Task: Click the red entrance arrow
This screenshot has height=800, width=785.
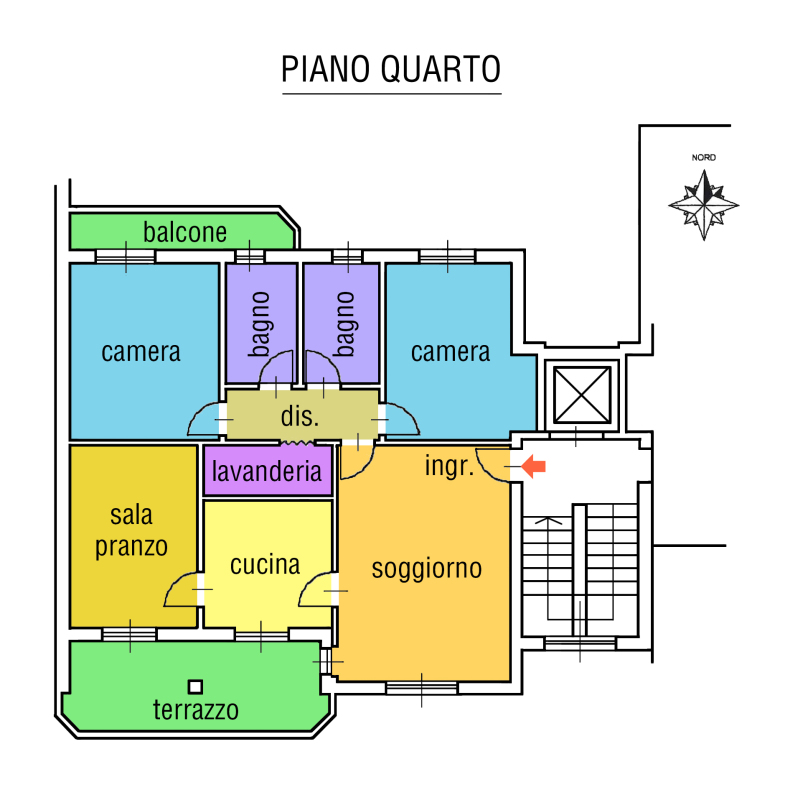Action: click(534, 466)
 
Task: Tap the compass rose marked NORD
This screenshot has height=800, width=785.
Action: click(704, 204)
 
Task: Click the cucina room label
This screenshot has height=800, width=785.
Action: click(265, 565)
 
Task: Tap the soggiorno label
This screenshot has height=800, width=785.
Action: click(427, 569)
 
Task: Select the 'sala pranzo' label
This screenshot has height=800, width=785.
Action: click(132, 532)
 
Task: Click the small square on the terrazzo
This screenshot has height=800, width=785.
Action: click(196, 686)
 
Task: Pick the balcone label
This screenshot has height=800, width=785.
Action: click(185, 233)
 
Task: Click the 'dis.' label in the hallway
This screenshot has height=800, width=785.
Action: click(299, 417)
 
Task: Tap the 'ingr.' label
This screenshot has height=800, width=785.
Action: click(449, 466)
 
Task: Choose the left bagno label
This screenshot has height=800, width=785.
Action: click(260, 323)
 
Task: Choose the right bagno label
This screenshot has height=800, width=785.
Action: click(346, 323)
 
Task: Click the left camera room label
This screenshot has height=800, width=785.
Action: click(141, 352)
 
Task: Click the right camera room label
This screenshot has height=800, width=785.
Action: click(450, 352)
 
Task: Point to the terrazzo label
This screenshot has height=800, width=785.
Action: click(196, 710)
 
